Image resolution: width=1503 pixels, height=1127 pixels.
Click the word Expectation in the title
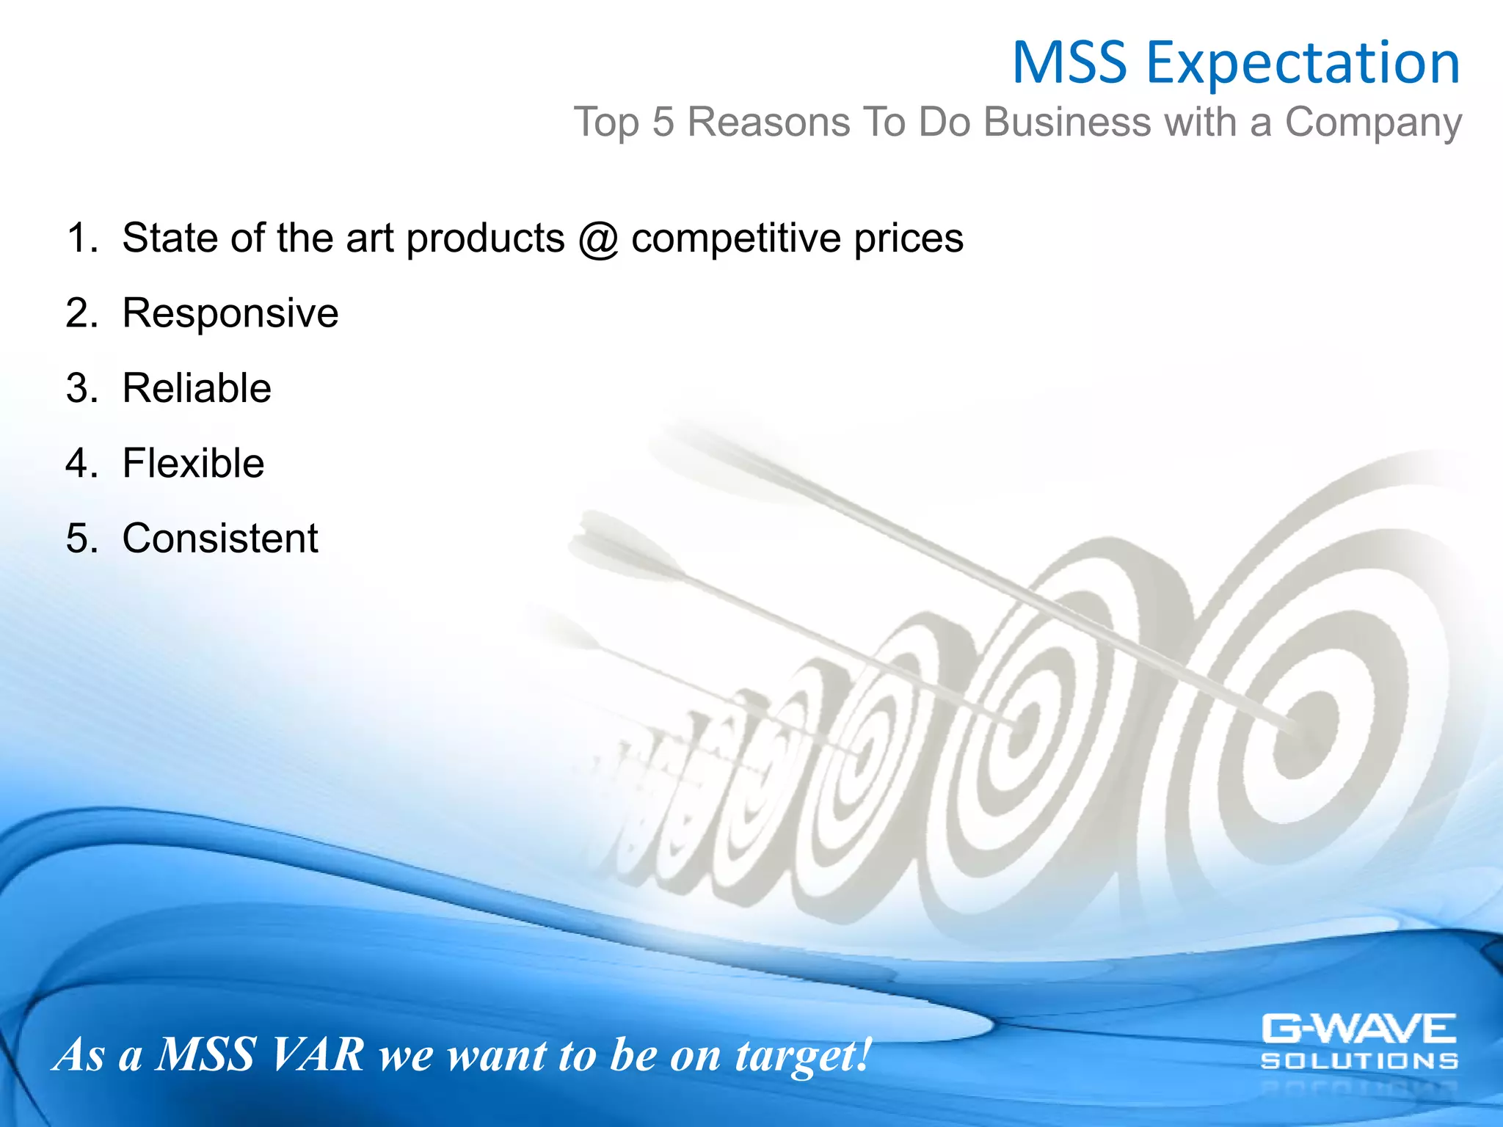[1303, 65]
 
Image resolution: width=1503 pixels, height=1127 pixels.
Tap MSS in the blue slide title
[1069, 63]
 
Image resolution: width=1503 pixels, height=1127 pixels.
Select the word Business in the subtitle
[1066, 122]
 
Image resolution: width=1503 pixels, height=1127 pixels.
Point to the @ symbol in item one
[598, 239]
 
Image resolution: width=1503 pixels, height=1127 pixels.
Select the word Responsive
[230, 314]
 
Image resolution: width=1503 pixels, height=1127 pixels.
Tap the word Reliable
[196, 388]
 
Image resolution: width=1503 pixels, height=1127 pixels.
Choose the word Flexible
[193, 464]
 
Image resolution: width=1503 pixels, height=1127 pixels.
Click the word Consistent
[219, 539]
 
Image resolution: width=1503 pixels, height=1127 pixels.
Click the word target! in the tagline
[803, 1055]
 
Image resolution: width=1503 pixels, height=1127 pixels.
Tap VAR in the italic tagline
[317, 1055]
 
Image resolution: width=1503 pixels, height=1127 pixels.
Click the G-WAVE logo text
[1358, 1029]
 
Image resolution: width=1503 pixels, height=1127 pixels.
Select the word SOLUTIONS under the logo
[1358, 1061]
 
